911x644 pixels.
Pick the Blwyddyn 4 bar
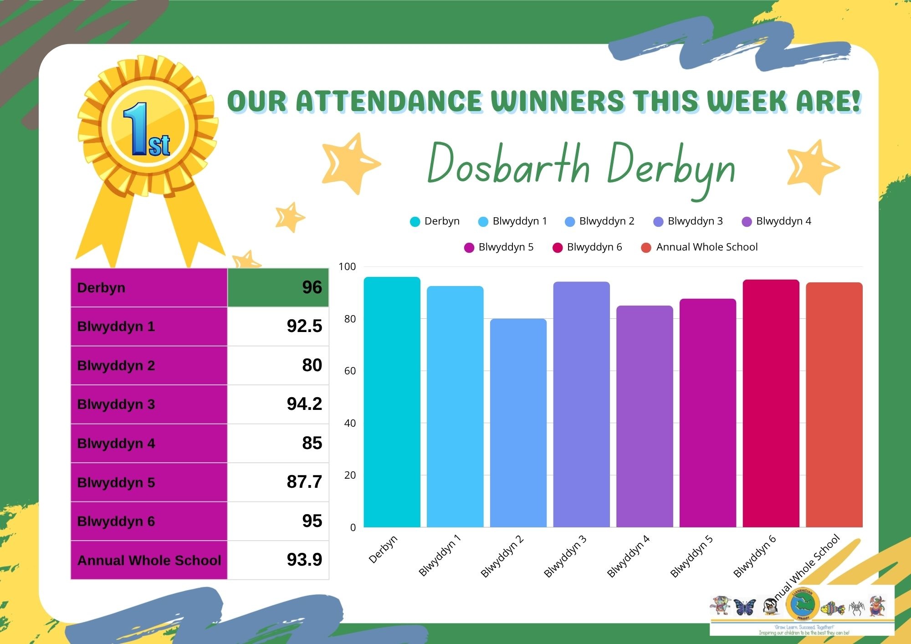(x=645, y=416)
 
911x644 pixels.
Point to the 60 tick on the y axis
(x=350, y=371)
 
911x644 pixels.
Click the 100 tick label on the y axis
(x=347, y=267)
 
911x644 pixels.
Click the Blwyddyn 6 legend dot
(x=558, y=248)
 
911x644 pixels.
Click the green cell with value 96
(x=278, y=287)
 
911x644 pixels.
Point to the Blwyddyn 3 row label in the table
(x=116, y=404)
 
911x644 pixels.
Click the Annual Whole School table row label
(x=149, y=560)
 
